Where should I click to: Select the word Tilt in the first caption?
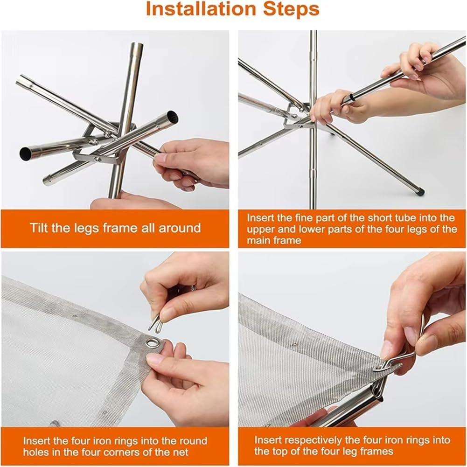click(x=40, y=228)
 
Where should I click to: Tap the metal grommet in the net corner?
click(x=152, y=343)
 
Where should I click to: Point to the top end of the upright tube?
click(x=136, y=47)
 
